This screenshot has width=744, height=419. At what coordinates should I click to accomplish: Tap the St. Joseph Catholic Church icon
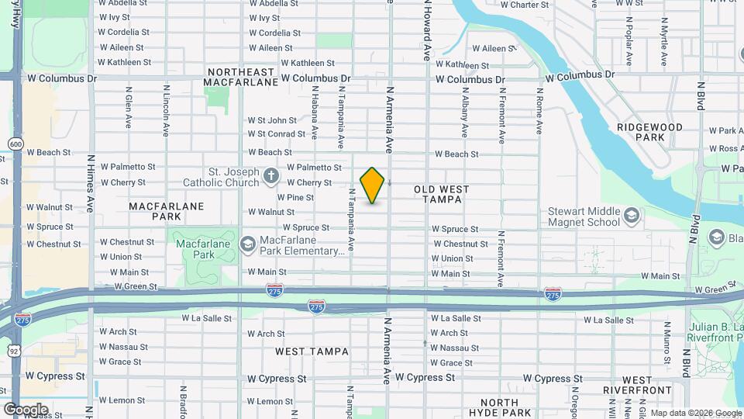point(270,175)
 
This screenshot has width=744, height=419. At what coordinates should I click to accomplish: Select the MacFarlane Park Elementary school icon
point(248,244)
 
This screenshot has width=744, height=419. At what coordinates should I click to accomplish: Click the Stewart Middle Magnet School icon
point(632,214)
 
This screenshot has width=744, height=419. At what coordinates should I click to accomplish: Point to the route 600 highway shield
point(15,144)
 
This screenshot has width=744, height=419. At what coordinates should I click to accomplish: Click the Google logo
point(26,410)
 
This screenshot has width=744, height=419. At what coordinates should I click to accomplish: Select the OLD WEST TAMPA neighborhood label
point(437,194)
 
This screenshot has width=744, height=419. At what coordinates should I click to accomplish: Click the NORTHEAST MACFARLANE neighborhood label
point(243,76)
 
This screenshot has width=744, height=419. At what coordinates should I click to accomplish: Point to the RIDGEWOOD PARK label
point(649,132)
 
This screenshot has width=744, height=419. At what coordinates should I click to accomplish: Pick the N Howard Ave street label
point(426,31)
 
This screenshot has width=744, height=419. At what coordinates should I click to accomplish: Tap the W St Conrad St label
point(276,134)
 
